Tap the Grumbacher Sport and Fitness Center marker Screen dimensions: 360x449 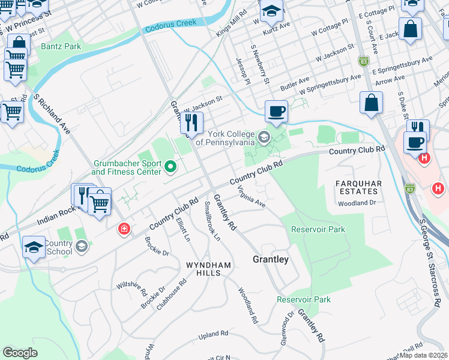170,167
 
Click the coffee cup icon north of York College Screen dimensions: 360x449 276,112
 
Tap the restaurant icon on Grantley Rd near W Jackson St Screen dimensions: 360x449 191,123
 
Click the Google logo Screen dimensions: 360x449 20,352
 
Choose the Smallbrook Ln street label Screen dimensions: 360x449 212,221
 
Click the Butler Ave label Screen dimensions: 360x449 295,83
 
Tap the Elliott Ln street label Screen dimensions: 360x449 183,229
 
